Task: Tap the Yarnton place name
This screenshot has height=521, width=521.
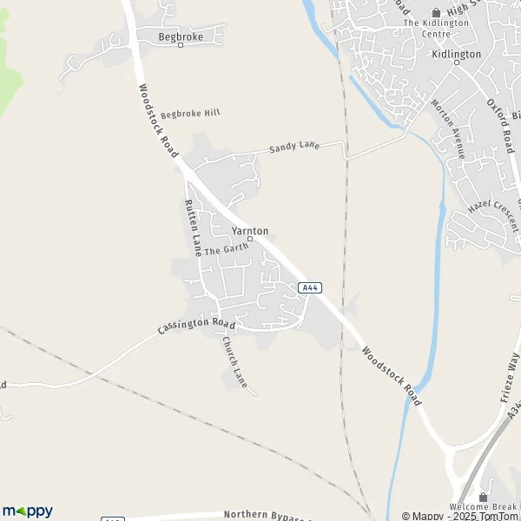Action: [250, 230]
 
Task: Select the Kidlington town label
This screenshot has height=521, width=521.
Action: [456, 54]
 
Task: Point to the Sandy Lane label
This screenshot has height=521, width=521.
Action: [294, 148]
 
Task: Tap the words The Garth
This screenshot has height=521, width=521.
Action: [226, 248]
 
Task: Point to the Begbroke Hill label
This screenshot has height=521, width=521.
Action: [191, 113]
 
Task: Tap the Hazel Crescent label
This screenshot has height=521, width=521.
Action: [492, 208]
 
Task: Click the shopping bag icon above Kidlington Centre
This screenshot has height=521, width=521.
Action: [436, 11]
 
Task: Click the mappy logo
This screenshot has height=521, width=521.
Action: [28, 511]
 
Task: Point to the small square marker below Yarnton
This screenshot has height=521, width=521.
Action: [250, 239]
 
